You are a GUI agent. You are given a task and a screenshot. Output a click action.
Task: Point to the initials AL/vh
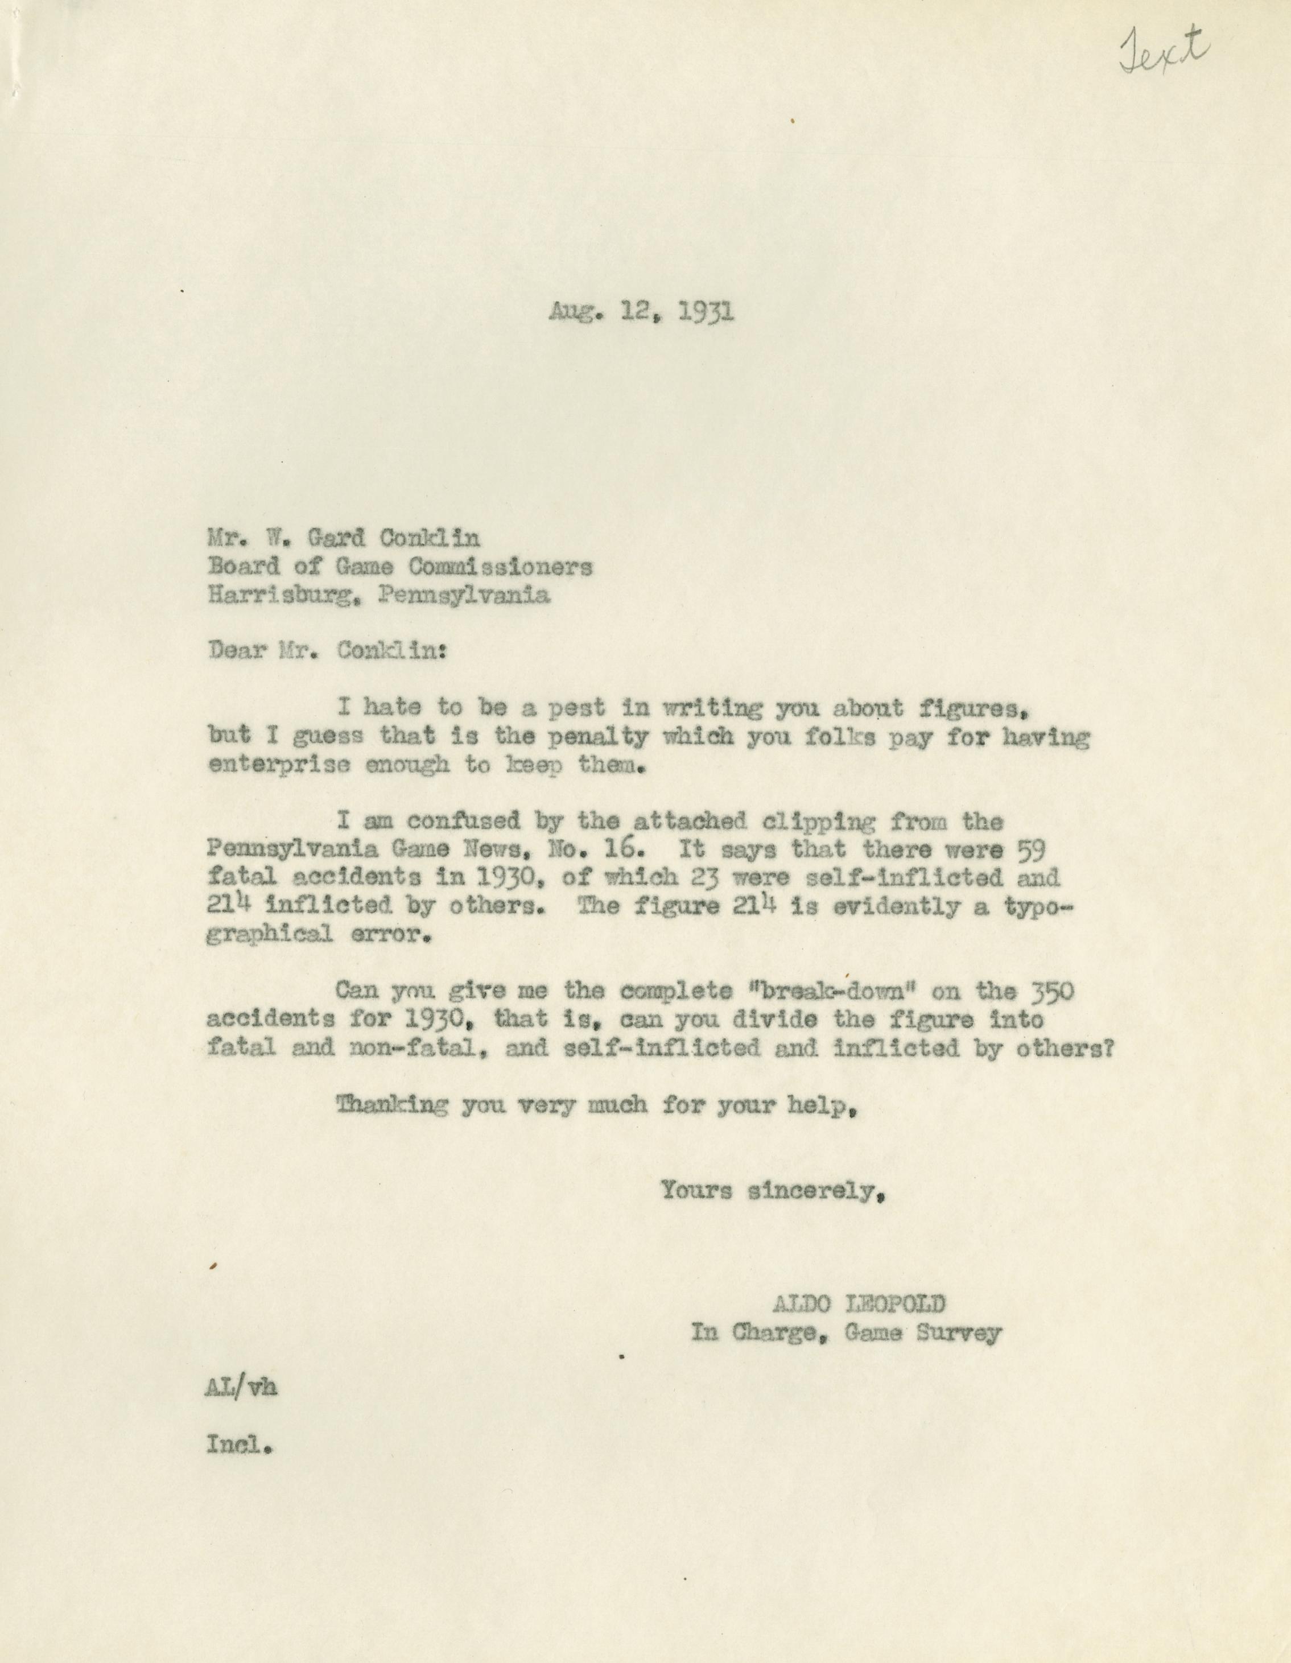(x=241, y=1388)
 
